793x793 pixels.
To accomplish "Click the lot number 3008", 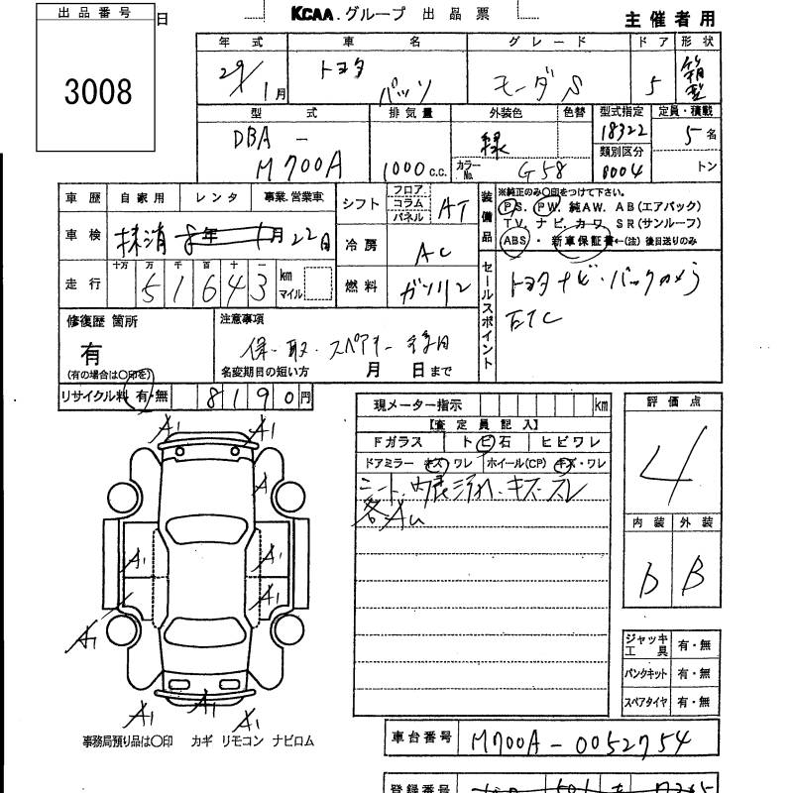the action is (x=97, y=92).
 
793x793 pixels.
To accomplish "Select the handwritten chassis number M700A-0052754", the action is (x=593, y=740).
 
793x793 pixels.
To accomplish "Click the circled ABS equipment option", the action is (x=513, y=240).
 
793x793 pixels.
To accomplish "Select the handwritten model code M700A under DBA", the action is (x=293, y=166).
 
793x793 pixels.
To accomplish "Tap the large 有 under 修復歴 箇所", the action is (x=90, y=352).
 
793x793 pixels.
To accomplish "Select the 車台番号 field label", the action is (x=421, y=737).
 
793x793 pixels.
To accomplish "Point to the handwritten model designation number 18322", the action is (x=622, y=130).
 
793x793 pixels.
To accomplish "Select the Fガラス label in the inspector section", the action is (x=396, y=442).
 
